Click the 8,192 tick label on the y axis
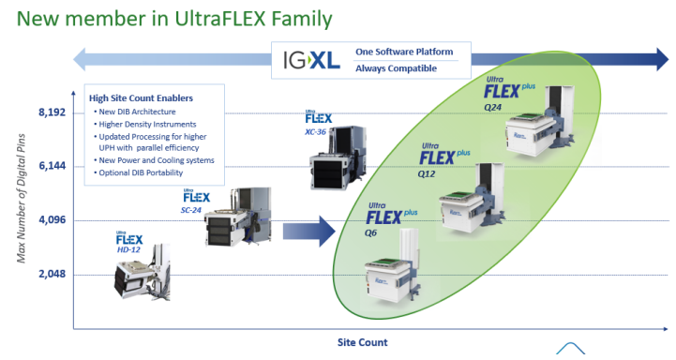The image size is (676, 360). point(53,112)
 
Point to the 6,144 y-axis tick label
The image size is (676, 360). point(53,166)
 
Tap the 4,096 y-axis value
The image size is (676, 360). point(53,220)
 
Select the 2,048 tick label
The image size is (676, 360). point(53,274)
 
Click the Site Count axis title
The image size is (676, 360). point(362,342)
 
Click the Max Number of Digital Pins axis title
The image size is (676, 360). point(22,199)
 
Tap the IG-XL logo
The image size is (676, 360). point(311,60)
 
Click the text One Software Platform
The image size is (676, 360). point(404,52)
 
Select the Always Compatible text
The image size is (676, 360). point(396,68)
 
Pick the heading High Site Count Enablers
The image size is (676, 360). point(141,97)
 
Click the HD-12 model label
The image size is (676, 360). point(128,249)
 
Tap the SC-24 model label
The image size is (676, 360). point(191,210)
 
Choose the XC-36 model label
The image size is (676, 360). point(315,132)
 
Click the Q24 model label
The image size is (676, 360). point(493,108)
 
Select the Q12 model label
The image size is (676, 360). point(427,174)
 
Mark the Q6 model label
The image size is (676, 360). point(370,233)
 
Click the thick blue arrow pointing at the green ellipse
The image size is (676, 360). point(308,232)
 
